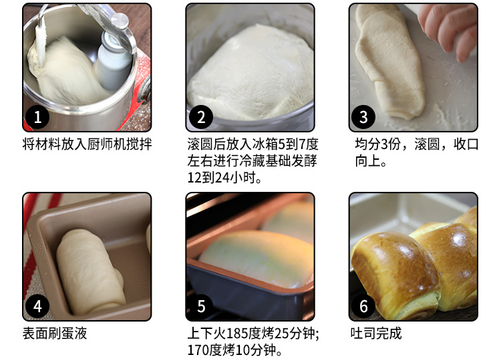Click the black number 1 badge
[x=37, y=117]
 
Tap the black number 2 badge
[x=201, y=117]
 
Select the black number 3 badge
[x=363, y=117]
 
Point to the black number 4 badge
[x=37, y=306]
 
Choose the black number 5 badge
[x=201, y=306]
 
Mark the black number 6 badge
[x=363, y=306]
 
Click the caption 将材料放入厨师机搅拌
[x=87, y=144]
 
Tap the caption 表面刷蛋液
[x=55, y=334]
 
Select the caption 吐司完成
[x=376, y=334]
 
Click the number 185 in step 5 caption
[x=236, y=334]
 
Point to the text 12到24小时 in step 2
[x=221, y=177]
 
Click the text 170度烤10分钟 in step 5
[x=231, y=350]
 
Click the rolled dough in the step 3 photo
[x=389, y=61]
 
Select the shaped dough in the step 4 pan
[x=90, y=272]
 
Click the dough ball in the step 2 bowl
[x=251, y=73]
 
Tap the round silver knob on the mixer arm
[x=120, y=21]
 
